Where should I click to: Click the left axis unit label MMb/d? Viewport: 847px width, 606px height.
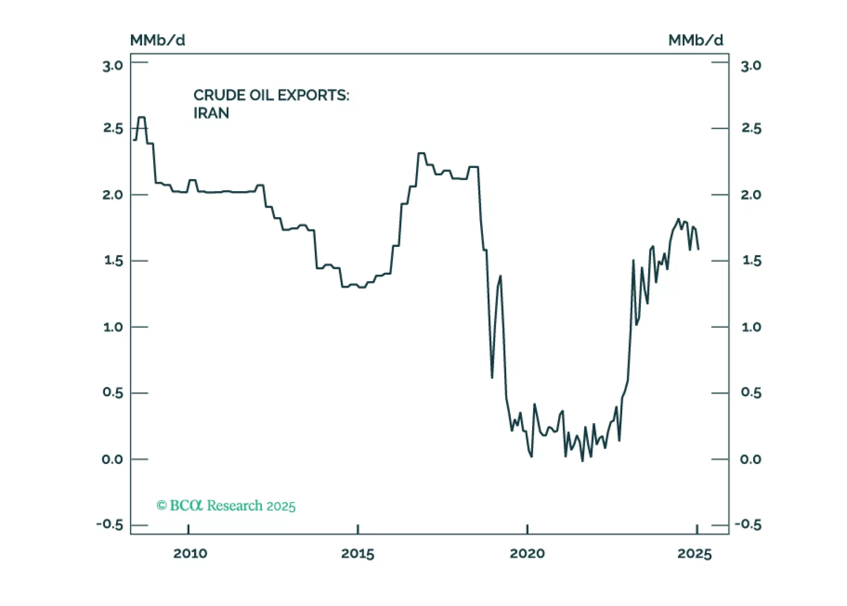[x=157, y=40]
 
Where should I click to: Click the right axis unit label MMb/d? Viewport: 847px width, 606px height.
[x=695, y=40]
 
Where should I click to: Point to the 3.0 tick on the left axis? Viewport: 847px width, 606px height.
[x=112, y=66]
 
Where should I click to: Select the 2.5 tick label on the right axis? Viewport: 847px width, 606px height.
[x=751, y=128]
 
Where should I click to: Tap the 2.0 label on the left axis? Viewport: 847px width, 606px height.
[x=112, y=195]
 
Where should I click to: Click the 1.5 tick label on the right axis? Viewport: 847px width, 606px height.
[x=751, y=261]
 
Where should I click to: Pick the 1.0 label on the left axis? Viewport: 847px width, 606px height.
[x=112, y=327]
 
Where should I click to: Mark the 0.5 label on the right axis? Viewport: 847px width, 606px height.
[x=751, y=393]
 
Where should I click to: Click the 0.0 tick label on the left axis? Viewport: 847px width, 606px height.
[x=112, y=459]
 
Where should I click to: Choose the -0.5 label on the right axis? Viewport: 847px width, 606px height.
[x=748, y=524]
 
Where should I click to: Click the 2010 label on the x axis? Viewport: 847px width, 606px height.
[x=190, y=554]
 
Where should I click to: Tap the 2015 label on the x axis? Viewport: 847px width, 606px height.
[x=358, y=554]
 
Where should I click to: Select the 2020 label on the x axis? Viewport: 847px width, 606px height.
[x=527, y=554]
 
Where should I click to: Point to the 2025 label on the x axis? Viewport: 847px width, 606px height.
[x=694, y=554]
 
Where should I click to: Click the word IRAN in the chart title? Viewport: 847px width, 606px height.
[x=211, y=113]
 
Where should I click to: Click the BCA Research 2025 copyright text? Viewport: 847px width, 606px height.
[x=226, y=505]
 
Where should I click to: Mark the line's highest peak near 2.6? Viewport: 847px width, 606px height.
[x=142, y=118]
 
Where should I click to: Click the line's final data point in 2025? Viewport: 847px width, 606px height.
[x=698, y=248]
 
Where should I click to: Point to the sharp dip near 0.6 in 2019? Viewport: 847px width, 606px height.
[x=492, y=377]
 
